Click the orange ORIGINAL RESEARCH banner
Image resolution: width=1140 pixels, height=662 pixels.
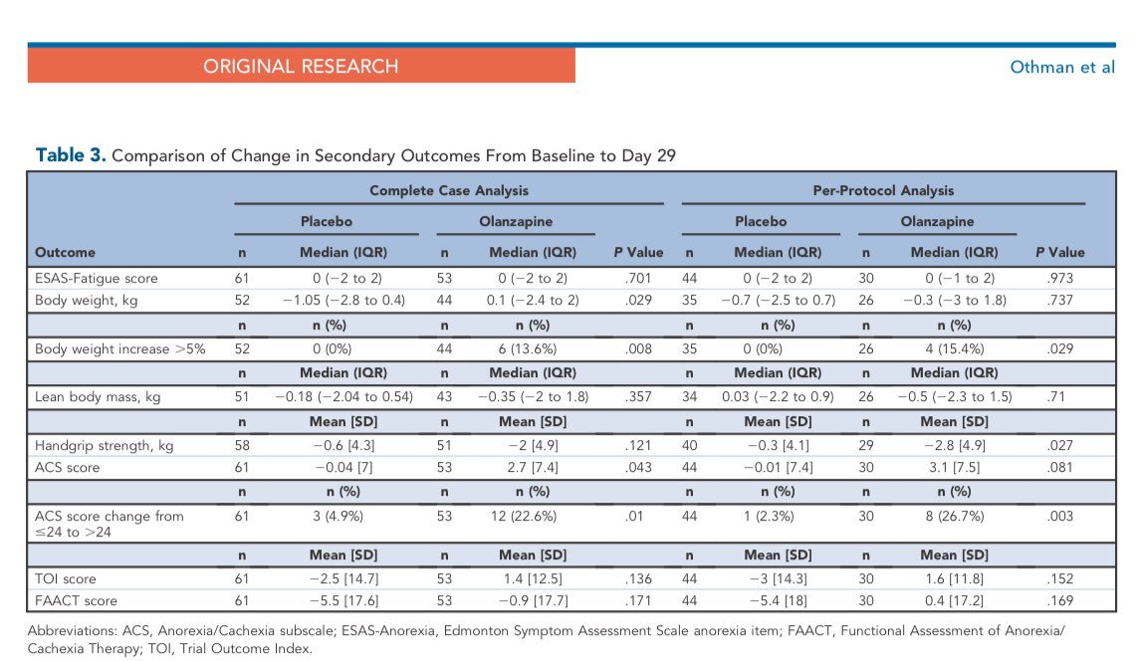click(301, 67)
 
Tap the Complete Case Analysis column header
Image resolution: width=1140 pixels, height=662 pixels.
click(448, 190)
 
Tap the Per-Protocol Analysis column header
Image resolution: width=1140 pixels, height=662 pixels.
click(882, 190)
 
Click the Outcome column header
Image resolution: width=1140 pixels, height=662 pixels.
click(65, 252)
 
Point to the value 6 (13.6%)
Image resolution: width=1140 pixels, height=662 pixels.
click(517, 348)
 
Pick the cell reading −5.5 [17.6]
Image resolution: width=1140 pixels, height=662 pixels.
click(334, 600)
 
